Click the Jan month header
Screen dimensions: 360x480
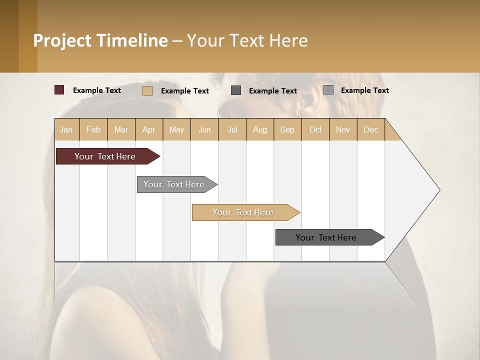click(66, 130)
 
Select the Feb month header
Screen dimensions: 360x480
click(93, 130)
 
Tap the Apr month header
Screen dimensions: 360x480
click(148, 130)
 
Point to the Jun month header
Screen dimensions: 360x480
click(204, 130)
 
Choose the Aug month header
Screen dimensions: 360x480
click(260, 130)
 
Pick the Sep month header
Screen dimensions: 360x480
click(287, 130)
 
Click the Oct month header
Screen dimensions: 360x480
click(315, 130)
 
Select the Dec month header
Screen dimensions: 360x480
click(371, 130)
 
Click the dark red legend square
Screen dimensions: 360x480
click(59, 90)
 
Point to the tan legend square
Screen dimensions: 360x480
click(147, 90)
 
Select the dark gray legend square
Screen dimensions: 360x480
click(236, 90)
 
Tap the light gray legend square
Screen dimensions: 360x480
click(328, 90)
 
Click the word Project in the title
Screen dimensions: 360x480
click(62, 40)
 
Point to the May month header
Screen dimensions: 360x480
click(176, 130)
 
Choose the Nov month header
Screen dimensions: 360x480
click(343, 130)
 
